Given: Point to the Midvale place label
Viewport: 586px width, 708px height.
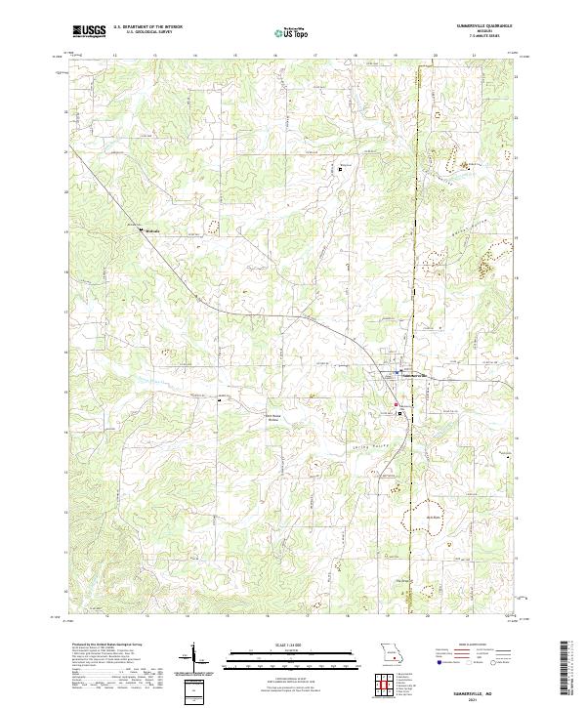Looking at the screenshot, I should coord(151,231).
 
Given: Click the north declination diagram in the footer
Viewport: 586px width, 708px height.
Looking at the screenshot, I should coord(194,659).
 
